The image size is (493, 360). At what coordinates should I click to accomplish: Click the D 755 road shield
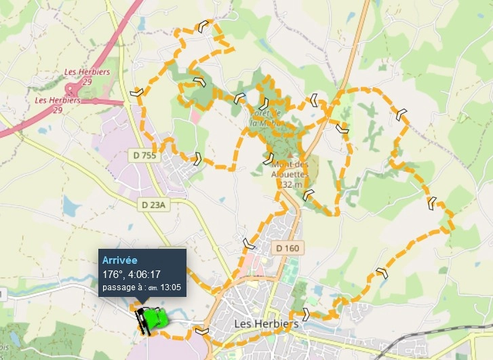143,156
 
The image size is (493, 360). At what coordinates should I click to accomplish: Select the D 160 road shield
287,248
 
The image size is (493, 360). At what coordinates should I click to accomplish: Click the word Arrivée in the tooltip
120,260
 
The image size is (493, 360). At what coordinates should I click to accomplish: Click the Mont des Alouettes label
290,169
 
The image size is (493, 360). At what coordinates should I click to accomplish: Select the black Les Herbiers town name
266,324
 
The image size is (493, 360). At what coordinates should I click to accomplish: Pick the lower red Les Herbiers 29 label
58,104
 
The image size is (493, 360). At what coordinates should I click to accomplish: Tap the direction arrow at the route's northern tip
202,26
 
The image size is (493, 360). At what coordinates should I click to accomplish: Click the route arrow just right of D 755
197,159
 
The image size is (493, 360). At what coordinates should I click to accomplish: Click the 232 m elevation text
290,184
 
